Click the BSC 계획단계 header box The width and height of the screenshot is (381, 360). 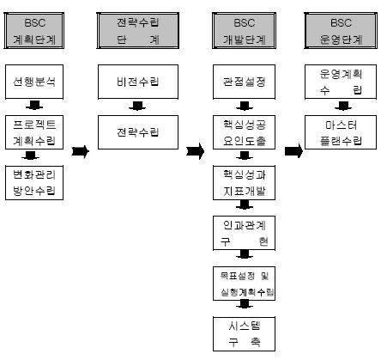[34, 31]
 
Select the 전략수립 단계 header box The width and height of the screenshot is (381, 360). [138, 31]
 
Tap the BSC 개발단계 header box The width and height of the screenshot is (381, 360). [245, 31]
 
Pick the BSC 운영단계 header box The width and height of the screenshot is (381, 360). [341, 31]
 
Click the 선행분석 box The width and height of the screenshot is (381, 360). [34, 82]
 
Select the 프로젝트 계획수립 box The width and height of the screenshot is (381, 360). [34, 132]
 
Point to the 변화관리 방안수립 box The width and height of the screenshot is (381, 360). [34, 183]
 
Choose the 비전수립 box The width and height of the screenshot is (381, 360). [138, 82]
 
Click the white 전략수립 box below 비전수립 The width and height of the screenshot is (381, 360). [138, 132]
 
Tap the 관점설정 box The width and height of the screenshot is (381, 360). [244, 82]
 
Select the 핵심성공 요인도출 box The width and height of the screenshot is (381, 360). [244, 132]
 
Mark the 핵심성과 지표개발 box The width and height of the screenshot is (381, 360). [244, 183]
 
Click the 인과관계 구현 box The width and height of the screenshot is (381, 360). [244, 233]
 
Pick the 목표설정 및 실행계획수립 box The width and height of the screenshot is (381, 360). [244, 284]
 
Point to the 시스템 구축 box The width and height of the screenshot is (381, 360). [244, 334]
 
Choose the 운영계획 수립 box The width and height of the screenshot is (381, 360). [341, 82]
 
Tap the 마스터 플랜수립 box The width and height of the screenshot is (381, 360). [341, 132]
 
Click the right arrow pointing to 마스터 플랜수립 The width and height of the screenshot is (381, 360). [293, 151]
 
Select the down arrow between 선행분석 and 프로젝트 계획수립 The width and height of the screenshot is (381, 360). [34, 105]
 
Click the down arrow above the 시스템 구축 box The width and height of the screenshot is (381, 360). [245, 304]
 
